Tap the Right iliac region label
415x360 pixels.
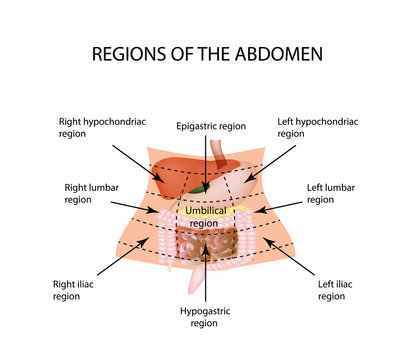66,290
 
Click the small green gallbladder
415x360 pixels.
203,183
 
